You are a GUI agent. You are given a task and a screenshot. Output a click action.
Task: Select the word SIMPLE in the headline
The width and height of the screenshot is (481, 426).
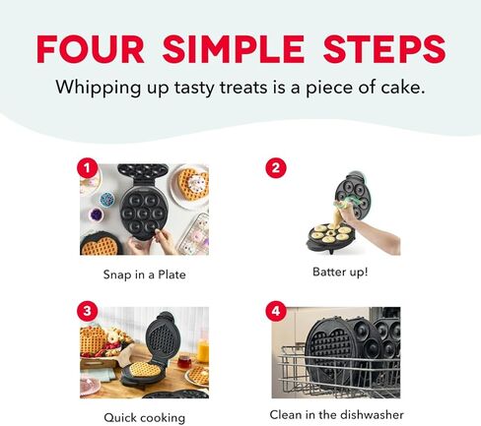pos(246,47)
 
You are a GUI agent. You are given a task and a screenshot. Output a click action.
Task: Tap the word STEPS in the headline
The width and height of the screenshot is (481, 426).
pos(388,47)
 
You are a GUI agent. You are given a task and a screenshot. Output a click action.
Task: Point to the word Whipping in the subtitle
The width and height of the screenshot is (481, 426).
pos(97,88)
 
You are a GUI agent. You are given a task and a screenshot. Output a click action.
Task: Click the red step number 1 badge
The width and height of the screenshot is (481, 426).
pos(90,168)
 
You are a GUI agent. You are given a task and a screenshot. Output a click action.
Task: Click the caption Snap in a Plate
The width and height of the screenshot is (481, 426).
pos(144,274)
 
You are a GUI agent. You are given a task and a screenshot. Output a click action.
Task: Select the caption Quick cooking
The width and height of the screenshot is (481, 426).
pos(144,417)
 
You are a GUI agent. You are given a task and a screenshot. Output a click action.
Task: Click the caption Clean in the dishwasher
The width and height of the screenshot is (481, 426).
pos(337,414)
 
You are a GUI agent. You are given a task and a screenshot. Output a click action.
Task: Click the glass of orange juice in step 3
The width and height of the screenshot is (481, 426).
pos(202,350)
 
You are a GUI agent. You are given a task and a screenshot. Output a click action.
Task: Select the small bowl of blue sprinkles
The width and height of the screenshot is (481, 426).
pos(96,213)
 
